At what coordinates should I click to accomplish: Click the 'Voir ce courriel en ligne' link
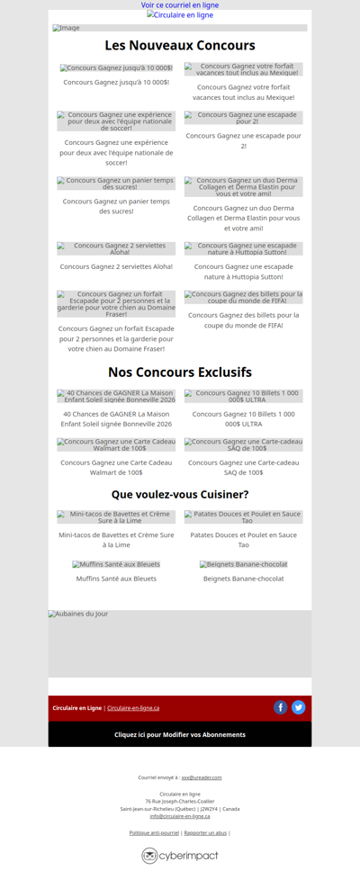pyautogui.click(x=180, y=5)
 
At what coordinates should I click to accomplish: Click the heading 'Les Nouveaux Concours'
pyautogui.click(x=180, y=45)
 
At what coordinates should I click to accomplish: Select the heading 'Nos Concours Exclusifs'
pyautogui.click(x=180, y=372)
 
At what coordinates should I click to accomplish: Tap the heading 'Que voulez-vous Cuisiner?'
pyautogui.click(x=180, y=494)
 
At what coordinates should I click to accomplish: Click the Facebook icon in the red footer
pyautogui.click(x=281, y=707)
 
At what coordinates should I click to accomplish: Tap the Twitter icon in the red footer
pyautogui.click(x=299, y=707)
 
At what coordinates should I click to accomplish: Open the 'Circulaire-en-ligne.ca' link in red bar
pyautogui.click(x=133, y=708)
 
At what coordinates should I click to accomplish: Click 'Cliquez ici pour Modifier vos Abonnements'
pyautogui.click(x=180, y=734)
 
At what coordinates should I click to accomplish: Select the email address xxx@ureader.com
pyautogui.click(x=202, y=777)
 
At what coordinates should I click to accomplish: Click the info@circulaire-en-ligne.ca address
pyautogui.click(x=180, y=816)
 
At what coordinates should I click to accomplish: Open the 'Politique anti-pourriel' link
pyautogui.click(x=154, y=833)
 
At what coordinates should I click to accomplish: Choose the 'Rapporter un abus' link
pyautogui.click(x=205, y=833)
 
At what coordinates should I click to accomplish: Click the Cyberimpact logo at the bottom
pyautogui.click(x=180, y=856)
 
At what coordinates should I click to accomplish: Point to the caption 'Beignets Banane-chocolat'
pyautogui.click(x=244, y=579)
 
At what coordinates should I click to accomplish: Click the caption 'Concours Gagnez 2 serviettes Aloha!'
pyautogui.click(x=116, y=266)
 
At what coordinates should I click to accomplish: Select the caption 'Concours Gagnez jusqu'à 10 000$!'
pyautogui.click(x=116, y=82)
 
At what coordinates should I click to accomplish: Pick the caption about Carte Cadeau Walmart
pyautogui.click(x=116, y=467)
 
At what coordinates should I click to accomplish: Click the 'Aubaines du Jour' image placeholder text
pyautogui.click(x=78, y=615)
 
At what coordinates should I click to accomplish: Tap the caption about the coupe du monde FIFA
pyautogui.click(x=244, y=320)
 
